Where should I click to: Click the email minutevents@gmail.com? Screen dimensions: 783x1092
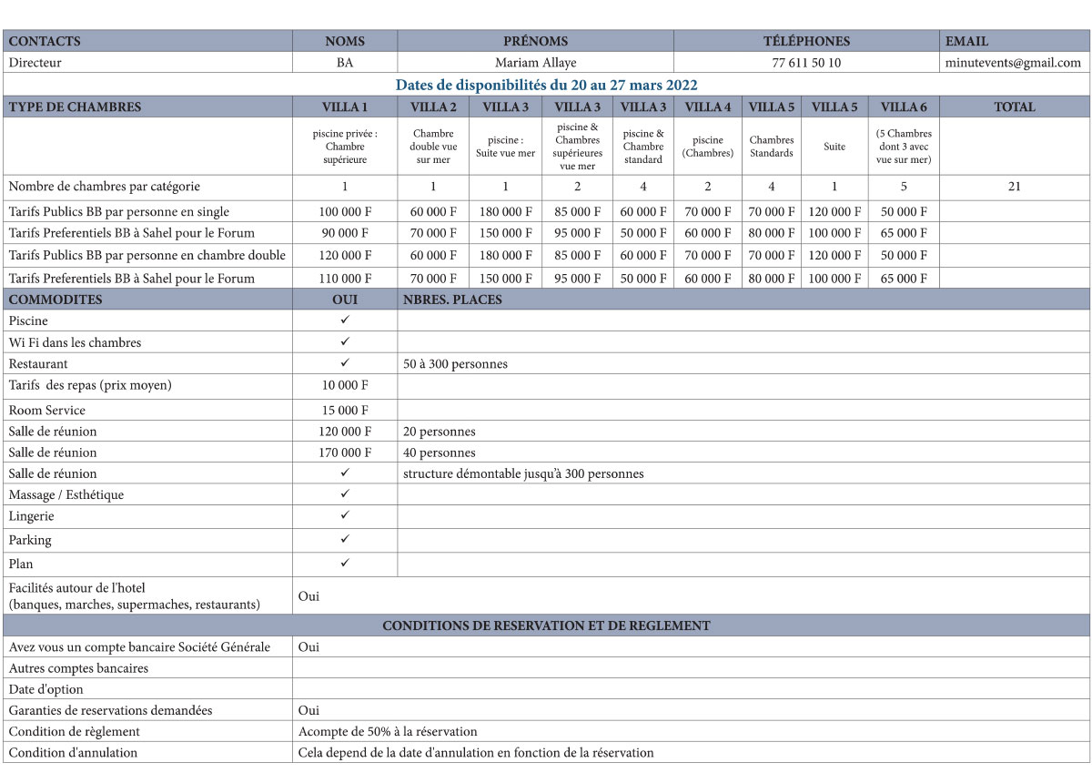point(1013,63)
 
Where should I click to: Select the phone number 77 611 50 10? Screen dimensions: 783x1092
point(805,63)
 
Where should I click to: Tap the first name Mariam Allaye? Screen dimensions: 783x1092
point(535,63)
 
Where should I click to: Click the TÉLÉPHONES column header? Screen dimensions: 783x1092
point(806,41)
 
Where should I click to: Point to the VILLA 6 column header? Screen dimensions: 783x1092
point(904,107)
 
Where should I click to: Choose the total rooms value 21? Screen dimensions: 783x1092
point(1014,187)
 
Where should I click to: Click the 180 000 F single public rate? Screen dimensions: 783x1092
point(505,211)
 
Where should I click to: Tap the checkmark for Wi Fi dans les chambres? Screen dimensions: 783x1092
point(345,342)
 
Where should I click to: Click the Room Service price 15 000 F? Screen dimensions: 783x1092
point(345,410)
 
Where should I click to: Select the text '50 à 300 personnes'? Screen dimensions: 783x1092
point(455,364)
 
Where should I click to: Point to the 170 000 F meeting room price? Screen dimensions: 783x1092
point(345,453)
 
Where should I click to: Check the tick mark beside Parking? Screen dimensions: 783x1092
point(345,539)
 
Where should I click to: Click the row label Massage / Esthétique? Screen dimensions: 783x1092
point(66,494)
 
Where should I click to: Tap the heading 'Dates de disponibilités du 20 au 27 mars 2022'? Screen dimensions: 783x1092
point(546,85)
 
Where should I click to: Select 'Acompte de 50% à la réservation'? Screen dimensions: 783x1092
point(388,731)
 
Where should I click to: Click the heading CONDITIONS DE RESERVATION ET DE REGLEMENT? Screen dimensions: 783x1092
point(546,625)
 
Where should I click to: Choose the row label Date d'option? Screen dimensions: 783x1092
point(46,689)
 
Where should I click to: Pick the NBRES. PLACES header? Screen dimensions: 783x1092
point(452,300)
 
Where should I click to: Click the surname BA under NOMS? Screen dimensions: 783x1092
point(345,63)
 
